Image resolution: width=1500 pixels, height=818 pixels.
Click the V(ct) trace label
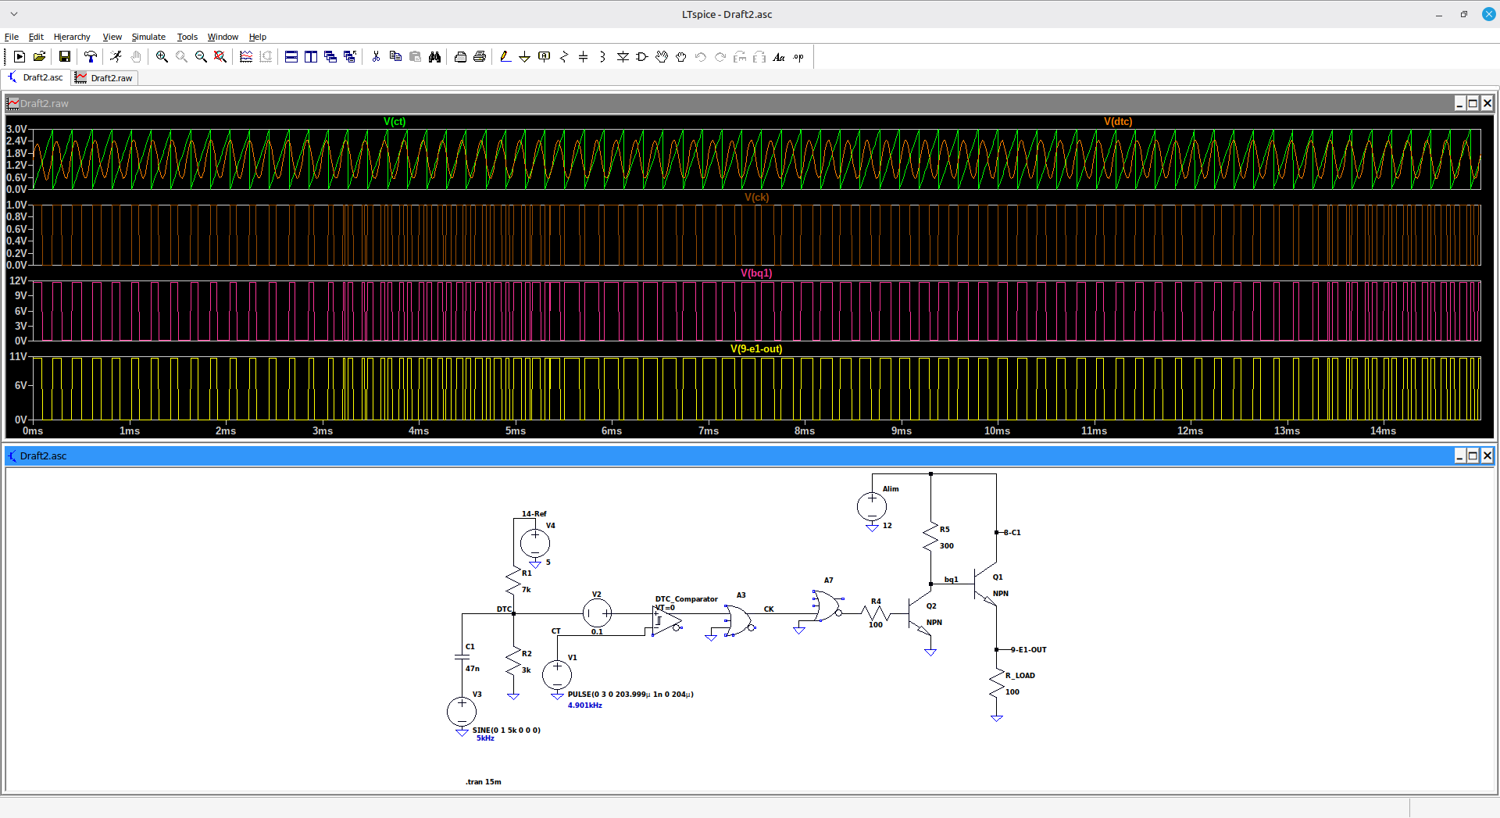[395, 121]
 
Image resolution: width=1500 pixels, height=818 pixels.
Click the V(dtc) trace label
[1118, 121]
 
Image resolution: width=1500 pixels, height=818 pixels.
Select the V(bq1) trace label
[756, 273]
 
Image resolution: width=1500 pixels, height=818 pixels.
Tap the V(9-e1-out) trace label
[756, 348]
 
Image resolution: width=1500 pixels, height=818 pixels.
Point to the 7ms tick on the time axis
[709, 430]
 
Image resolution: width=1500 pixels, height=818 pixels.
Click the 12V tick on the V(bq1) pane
[18, 280]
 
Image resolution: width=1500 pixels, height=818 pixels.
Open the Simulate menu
[148, 37]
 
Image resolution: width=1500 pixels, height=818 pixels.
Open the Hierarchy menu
[72, 37]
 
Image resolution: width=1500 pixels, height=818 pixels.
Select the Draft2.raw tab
[105, 77]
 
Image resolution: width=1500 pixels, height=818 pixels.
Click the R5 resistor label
[945, 529]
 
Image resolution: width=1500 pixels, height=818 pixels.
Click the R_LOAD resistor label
[1020, 675]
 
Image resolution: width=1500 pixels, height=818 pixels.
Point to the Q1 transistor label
[998, 577]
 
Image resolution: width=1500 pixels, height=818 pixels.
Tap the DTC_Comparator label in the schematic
[686, 598]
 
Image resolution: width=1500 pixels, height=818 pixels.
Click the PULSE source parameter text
[630, 694]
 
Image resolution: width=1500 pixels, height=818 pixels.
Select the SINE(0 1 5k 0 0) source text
[506, 730]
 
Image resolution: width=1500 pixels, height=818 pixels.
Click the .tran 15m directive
[484, 781]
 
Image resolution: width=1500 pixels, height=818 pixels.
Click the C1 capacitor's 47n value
[473, 668]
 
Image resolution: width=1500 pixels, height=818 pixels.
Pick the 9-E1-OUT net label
[1028, 649]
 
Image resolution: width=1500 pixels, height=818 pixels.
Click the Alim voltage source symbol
[872, 506]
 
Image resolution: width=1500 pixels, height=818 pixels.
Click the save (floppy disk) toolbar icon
[65, 56]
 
